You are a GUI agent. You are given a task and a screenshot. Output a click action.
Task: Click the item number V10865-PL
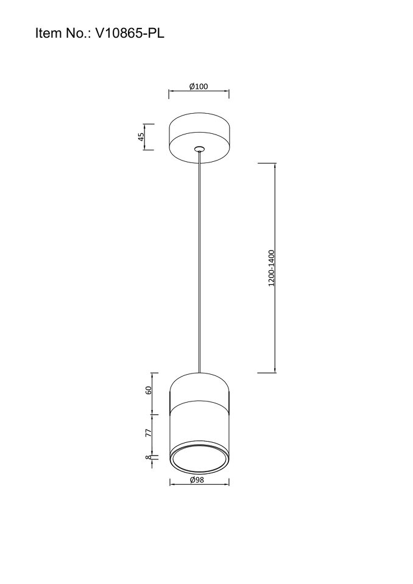[x=130, y=33]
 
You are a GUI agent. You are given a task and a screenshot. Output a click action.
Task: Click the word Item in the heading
[x=48, y=33]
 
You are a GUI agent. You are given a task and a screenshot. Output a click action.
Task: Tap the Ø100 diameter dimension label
[x=199, y=86]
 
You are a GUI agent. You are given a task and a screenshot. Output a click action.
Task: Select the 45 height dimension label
[x=141, y=137]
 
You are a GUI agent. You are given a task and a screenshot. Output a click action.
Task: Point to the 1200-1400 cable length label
[x=271, y=268]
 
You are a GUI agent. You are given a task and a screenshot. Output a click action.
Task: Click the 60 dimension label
[x=148, y=391]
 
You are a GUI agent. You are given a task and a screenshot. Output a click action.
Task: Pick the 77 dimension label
[x=148, y=433]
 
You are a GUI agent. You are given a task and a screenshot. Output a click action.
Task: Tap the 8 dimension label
[x=148, y=457]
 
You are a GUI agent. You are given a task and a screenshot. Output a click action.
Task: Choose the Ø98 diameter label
[x=197, y=480]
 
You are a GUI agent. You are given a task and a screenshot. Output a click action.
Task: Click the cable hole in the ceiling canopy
[x=199, y=149]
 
